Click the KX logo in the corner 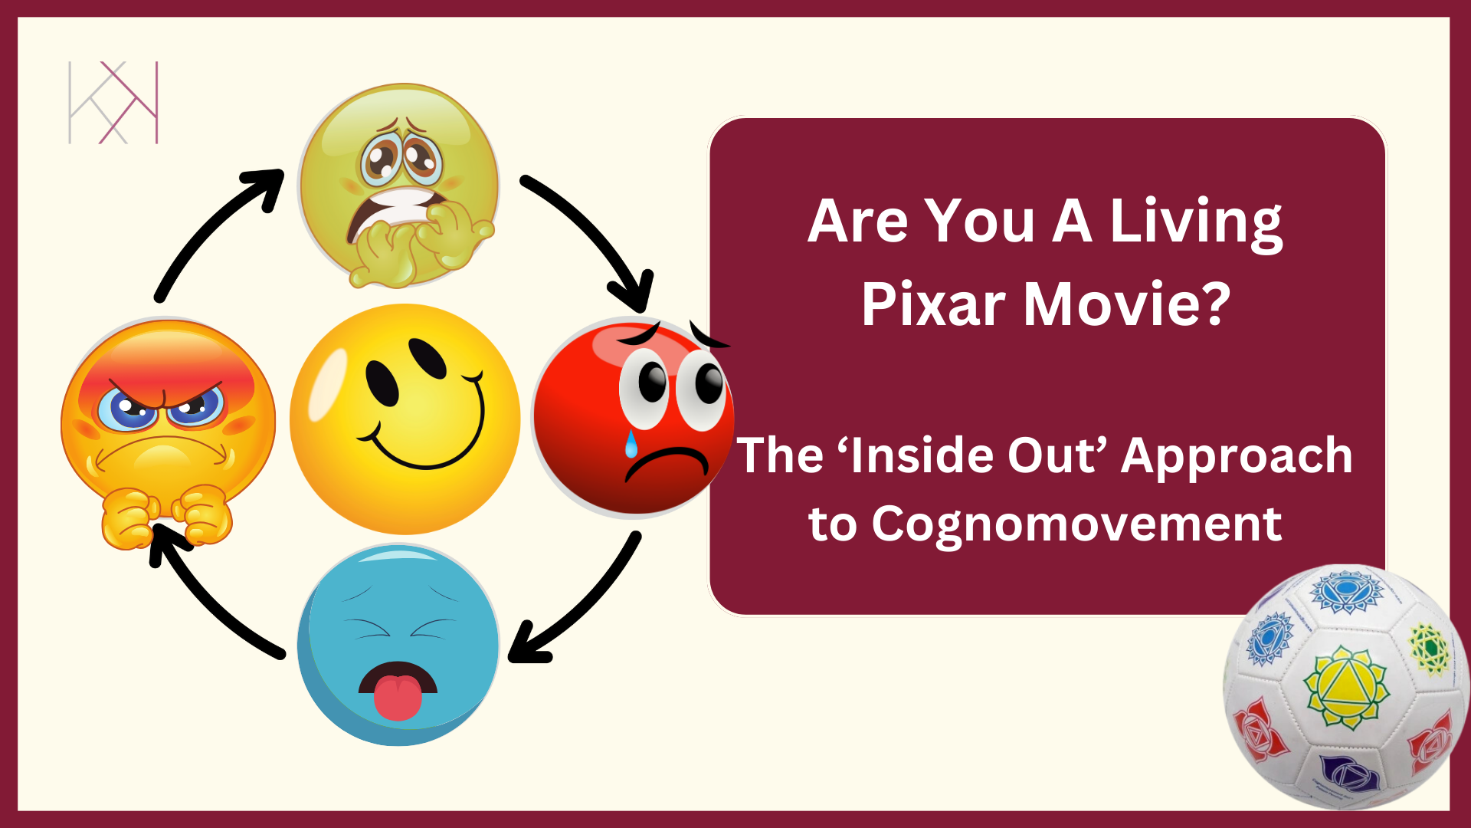pos(113,103)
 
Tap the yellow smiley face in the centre pos(405,419)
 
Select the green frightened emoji pos(398,184)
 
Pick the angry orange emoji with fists pos(168,429)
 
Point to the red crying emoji pos(633,419)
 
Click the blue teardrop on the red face pos(631,445)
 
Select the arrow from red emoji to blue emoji pos(582,606)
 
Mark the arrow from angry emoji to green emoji pos(215,230)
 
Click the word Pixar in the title pos(933,305)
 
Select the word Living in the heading pos(1196,222)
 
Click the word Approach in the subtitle pos(1237,455)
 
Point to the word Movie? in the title pos(1126,305)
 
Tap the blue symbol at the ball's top pos(1346,591)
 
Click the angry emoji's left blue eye pos(127,408)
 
